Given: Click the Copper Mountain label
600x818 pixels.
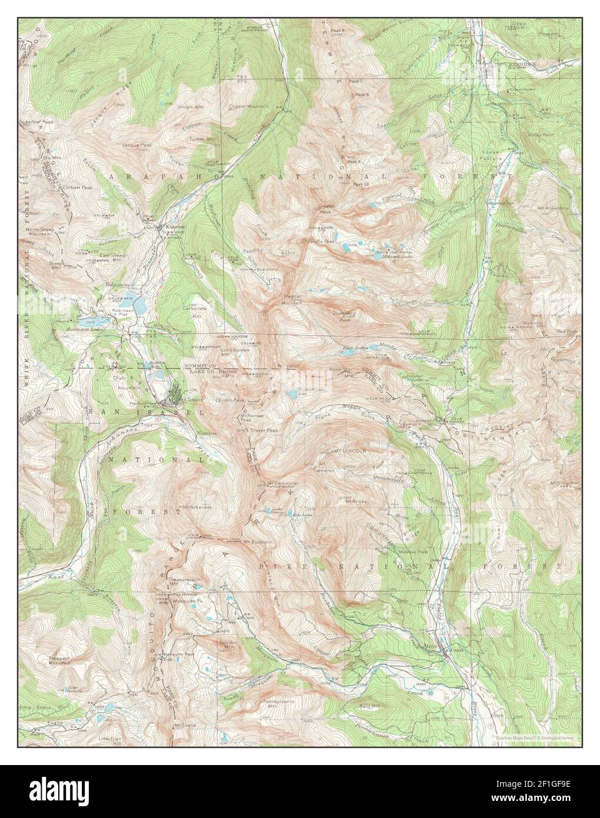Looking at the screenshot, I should pyautogui.click(x=249, y=107).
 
